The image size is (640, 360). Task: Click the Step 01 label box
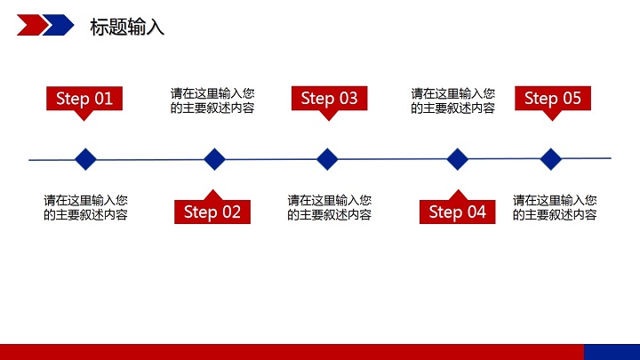(x=84, y=98)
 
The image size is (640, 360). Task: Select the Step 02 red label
(x=212, y=212)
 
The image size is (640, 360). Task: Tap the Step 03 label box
(x=329, y=98)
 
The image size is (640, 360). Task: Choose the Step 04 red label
(x=457, y=212)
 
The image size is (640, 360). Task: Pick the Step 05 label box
(x=552, y=98)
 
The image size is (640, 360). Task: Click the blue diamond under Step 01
(x=85, y=159)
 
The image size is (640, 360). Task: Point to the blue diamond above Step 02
(x=214, y=159)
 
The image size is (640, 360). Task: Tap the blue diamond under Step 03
(x=328, y=159)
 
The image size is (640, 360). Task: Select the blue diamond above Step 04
(x=457, y=159)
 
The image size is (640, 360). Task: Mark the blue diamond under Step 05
(x=552, y=159)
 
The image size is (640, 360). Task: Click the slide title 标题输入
(x=127, y=28)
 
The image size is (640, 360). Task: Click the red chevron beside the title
(x=32, y=25)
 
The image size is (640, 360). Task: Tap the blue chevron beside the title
(x=59, y=25)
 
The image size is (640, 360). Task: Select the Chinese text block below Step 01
(x=85, y=207)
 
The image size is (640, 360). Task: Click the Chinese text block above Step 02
(x=212, y=100)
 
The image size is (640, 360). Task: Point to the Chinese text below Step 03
(x=329, y=207)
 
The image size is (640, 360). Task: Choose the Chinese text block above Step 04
(x=452, y=100)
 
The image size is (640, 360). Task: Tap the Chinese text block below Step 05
(x=555, y=207)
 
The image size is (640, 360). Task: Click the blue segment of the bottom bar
(x=612, y=352)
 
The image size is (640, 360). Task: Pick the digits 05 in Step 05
(x=571, y=98)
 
